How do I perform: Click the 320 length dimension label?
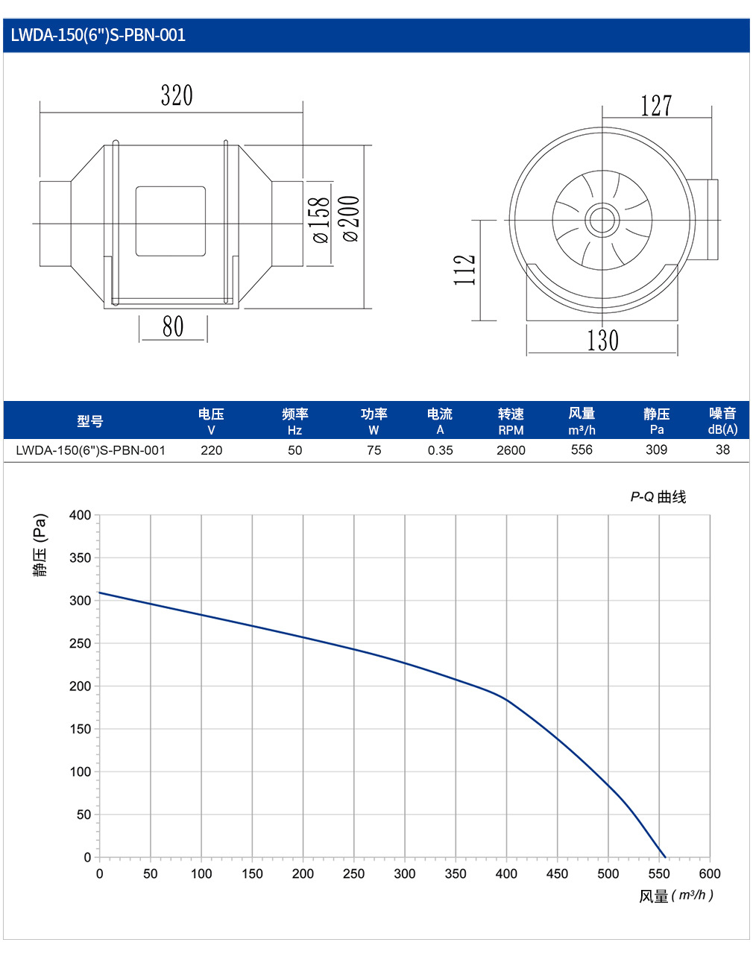coord(177,95)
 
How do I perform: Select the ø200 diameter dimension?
coord(351,218)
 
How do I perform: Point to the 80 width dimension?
coord(172,326)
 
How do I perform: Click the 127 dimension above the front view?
coord(656,106)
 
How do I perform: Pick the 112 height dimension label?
coord(464,270)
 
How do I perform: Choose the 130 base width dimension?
coord(602,341)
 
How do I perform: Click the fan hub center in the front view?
coord(602,220)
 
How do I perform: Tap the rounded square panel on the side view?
coord(170,221)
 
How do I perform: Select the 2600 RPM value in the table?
coord(511,450)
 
